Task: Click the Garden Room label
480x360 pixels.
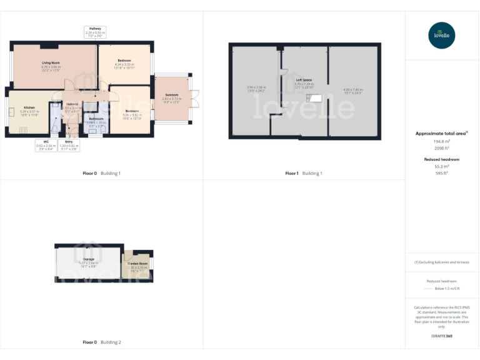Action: [x=137, y=264]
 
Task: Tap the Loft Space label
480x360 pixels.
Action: [x=304, y=80]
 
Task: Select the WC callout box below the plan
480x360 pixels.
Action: [x=46, y=145]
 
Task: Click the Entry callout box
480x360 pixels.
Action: [x=69, y=145]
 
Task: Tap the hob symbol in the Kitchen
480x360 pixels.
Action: [x=23, y=129]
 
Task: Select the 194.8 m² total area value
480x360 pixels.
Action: [x=442, y=142]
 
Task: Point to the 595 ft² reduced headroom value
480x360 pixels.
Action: [x=442, y=173]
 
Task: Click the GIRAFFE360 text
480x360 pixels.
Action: [x=442, y=337]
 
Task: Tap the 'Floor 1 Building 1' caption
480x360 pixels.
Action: [x=304, y=173]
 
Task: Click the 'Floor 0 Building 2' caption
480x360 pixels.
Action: [x=102, y=342]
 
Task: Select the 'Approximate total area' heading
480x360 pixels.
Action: [x=441, y=134]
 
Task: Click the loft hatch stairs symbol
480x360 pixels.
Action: [x=317, y=97]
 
